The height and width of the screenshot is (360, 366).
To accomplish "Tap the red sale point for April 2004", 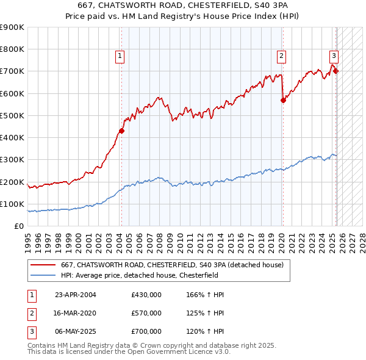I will [122, 131].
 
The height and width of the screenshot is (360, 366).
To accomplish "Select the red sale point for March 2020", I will [283, 101].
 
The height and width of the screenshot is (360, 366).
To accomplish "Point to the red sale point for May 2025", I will [336, 71].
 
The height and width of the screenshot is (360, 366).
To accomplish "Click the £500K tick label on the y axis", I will [12, 115].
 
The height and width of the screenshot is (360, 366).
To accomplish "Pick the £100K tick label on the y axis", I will [12, 204].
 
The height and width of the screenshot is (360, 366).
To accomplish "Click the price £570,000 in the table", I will [146, 313].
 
